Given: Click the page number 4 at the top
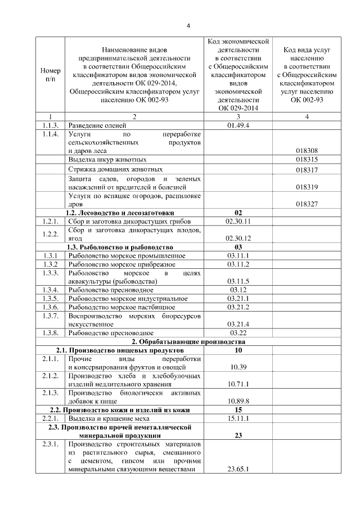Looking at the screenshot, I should coord(188,26).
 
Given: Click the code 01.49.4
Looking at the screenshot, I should coord(238,125).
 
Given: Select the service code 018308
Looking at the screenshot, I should coord(307,151).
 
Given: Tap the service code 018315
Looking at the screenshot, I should coord(307,160).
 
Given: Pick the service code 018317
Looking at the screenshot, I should coord(307,170).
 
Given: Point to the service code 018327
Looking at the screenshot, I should coord(307,205).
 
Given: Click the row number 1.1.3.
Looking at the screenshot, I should coord(50,125).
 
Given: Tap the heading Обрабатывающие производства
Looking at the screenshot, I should coord(188,342).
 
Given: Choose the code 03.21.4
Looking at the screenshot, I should coord(238,325).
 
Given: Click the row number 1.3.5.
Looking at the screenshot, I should coord(50,299).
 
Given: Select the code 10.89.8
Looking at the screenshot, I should coord(238,400).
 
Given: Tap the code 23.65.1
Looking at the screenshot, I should coord(238,469).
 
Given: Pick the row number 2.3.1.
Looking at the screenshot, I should coord(50,444).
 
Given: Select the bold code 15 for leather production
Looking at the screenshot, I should coord(238,409).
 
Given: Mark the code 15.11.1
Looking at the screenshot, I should coord(238,418).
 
